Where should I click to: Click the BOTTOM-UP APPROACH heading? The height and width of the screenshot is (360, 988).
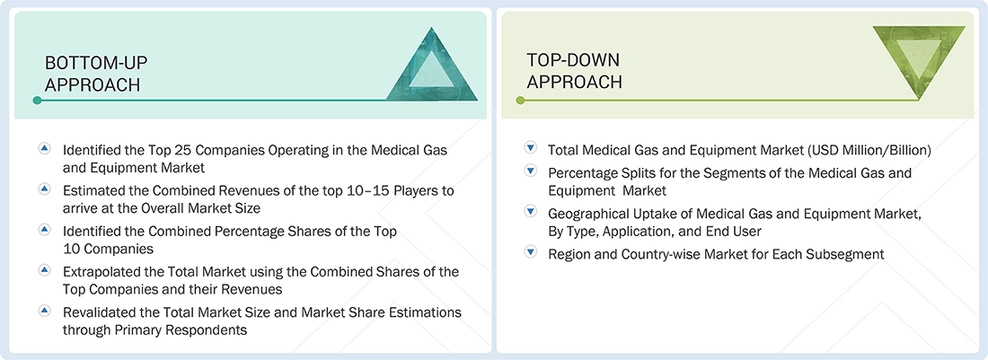click(x=96, y=74)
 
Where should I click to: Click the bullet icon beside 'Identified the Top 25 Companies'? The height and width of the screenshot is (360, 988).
click(x=44, y=148)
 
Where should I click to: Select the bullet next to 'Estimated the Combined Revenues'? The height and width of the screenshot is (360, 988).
click(x=44, y=189)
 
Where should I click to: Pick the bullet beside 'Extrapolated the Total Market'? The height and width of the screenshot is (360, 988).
click(x=44, y=270)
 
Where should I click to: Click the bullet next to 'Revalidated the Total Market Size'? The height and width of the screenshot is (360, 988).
click(x=44, y=311)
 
